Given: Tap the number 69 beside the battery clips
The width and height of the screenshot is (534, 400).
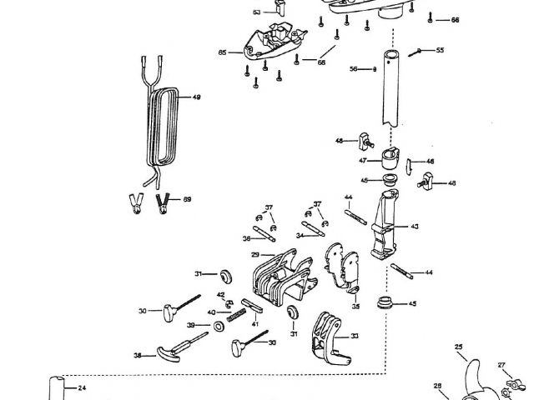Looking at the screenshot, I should tap(188, 199).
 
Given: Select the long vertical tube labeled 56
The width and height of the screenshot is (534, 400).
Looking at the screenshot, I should tap(390, 92).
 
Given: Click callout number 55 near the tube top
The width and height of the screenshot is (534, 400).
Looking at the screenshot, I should tap(440, 51).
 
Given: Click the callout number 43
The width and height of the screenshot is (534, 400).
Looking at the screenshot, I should tap(415, 227).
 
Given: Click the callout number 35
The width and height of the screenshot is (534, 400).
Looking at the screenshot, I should tap(355, 307).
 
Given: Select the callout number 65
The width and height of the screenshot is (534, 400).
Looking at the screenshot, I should tap(223, 52).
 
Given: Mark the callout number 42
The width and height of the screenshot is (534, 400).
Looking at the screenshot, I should tap(221, 295).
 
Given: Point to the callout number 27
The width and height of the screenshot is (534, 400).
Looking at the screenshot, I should tap(501, 365).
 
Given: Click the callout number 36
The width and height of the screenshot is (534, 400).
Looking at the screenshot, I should tap(247, 238).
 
